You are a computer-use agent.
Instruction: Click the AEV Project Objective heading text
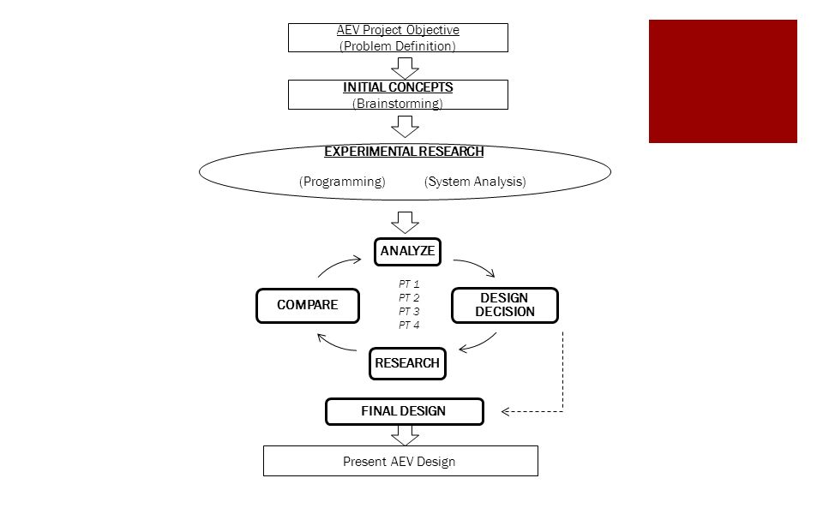[x=398, y=31]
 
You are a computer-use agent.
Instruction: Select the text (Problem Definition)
[x=397, y=46]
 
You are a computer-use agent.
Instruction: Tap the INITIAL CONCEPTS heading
[x=398, y=87]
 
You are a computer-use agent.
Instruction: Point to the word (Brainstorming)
[x=398, y=104]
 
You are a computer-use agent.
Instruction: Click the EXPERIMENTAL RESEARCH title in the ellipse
[x=404, y=152]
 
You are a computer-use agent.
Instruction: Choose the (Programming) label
[x=342, y=182]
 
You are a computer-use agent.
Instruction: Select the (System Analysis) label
[x=475, y=182]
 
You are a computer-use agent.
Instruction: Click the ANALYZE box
[x=407, y=252]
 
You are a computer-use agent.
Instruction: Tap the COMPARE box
[x=308, y=305]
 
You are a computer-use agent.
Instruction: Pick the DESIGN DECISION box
[x=505, y=305]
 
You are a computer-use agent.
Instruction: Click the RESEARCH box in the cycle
[x=407, y=363]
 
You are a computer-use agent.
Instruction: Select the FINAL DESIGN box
[x=404, y=411]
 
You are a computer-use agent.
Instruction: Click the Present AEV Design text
[x=399, y=462]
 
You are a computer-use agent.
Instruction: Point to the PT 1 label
[x=409, y=284]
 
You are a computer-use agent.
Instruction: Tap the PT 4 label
[x=409, y=326]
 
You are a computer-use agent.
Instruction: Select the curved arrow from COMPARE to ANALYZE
[x=338, y=264]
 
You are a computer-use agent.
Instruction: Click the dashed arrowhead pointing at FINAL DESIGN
[x=505, y=412]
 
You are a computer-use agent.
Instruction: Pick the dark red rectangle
[x=723, y=81]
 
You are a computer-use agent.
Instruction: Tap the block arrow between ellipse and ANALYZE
[x=405, y=223]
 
